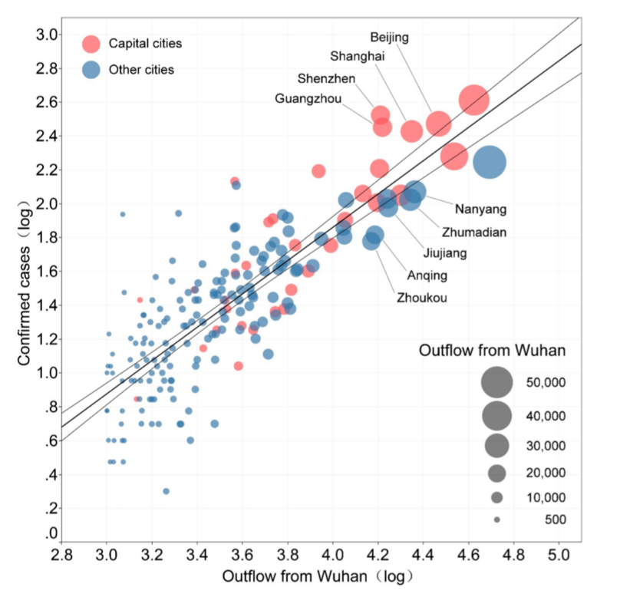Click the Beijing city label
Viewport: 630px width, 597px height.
pyautogui.click(x=389, y=37)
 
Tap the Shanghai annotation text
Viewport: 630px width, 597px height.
pyautogui.click(x=357, y=56)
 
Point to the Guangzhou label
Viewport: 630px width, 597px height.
pyautogui.click(x=308, y=98)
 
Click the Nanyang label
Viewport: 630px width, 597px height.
pyautogui.click(x=480, y=209)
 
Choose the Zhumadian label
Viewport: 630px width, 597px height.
pyautogui.click(x=475, y=231)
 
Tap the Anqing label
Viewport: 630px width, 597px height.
pyautogui.click(x=427, y=275)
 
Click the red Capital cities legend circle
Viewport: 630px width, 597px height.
pyautogui.click(x=91, y=44)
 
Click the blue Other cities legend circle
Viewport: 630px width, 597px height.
pyautogui.click(x=91, y=69)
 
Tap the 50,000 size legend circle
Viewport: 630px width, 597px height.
pyautogui.click(x=496, y=382)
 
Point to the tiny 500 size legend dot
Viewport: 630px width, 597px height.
pyautogui.click(x=497, y=519)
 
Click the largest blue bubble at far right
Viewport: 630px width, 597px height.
pyautogui.click(x=490, y=162)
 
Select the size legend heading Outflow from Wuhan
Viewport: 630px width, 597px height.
pyautogui.click(x=492, y=351)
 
